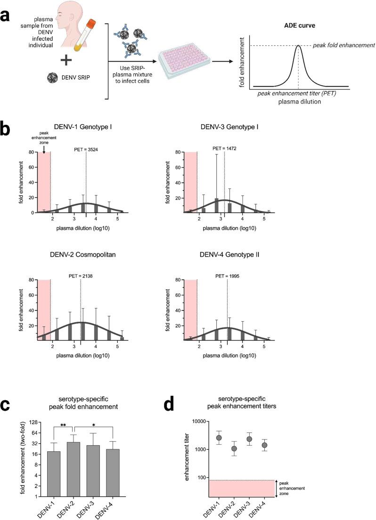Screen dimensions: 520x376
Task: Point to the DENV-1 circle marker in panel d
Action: pos(218,438)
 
